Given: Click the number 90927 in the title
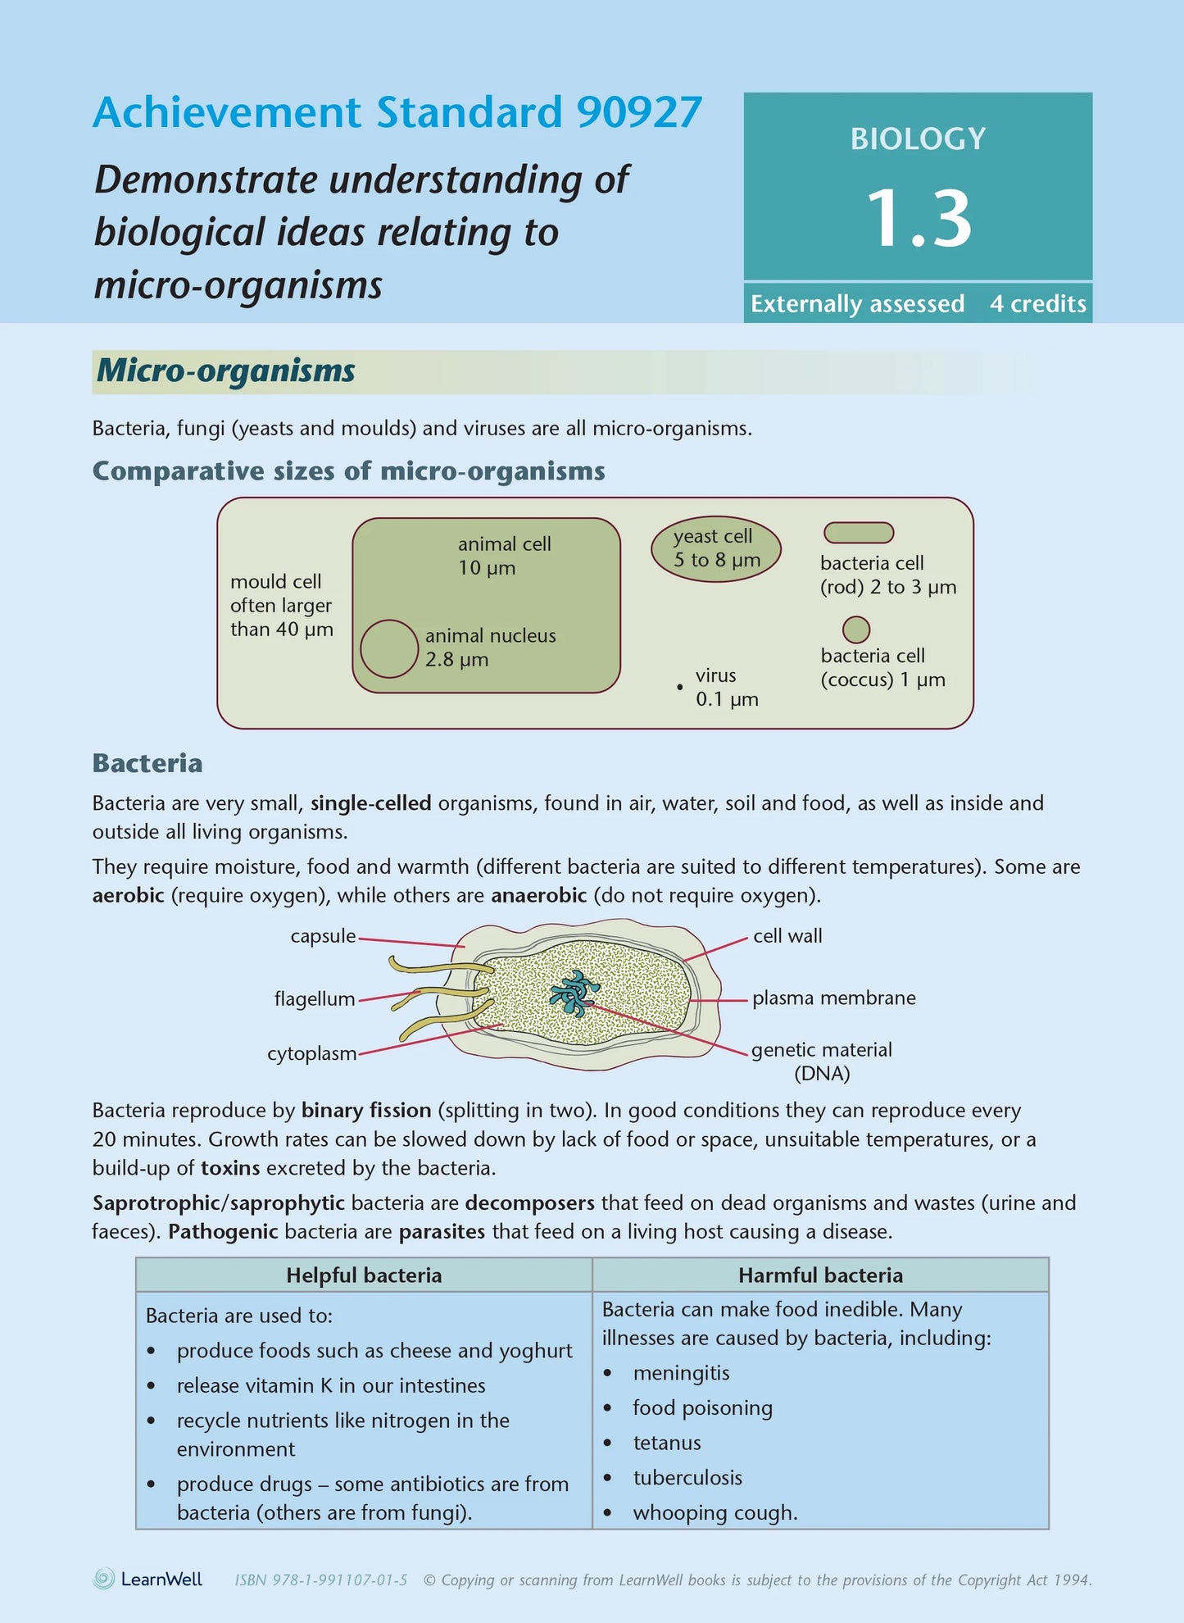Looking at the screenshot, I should (x=639, y=112).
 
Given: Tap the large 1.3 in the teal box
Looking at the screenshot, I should (x=918, y=219).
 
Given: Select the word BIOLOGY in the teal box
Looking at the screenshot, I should (x=918, y=139).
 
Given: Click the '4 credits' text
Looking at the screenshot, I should (x=1037, y=304).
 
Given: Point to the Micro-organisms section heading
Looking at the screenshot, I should (x=225, y=371).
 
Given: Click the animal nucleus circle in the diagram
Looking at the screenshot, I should (x=389, y=648).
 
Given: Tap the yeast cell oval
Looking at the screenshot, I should (x=716, y=548).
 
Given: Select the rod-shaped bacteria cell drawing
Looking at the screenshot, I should (x=858, y=533).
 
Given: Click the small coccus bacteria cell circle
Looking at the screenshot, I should (x=855, y=630).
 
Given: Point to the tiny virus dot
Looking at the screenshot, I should (x=680, y=687).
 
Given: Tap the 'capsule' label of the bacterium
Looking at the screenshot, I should (x=323, y=936).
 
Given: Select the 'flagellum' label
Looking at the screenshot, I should (x=315, y=999).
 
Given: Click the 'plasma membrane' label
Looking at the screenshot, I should (x=833, y=998).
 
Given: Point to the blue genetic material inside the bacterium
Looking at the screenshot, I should (x=573, y=993).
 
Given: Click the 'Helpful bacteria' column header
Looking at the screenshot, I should (x=364, y=1275).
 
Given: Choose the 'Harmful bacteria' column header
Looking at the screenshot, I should (x=820, y=1275).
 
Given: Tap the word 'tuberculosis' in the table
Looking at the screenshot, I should (x=687, y=1478).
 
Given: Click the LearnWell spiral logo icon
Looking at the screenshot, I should (x=104, y=1579).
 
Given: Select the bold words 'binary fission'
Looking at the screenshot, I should (x=366, y=1111).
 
